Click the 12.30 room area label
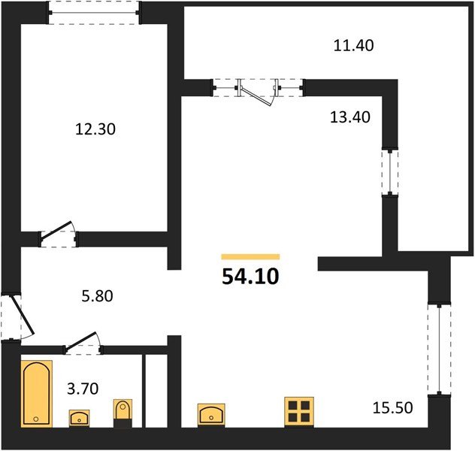(x=95, y=129)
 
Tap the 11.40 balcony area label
(x=353, y=46)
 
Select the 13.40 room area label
(x=350, y=117)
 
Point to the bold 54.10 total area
(x=250, y=277)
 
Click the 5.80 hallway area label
(x=97, y=296)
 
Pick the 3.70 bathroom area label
(x=83, y=389)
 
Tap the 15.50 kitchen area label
(x=392, y=407)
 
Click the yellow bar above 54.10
(x=250, y=257)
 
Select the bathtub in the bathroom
(x=37, y=394)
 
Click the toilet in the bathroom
(x=123, y=413)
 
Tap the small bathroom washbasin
(x=79, y=418)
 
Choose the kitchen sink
(x=211, y=415)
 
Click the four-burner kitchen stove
(x=299, y=412)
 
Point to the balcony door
(x=259, y=92)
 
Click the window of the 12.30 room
(x=94, y=13)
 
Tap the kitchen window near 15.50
(x=439, y=349)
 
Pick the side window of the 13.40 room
(x=390, y=172)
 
